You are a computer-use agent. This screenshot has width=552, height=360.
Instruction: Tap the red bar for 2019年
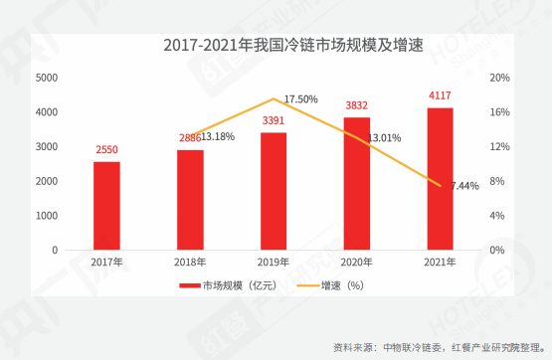274,191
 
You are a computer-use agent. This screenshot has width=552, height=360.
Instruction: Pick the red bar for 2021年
440,178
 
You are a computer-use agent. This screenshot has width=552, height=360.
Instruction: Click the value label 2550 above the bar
106,150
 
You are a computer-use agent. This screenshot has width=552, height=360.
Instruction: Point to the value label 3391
274,121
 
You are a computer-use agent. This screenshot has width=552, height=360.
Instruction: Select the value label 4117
440,96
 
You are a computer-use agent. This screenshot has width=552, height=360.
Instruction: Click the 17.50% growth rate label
300,99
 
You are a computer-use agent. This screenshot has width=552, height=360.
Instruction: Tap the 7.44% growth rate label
464,186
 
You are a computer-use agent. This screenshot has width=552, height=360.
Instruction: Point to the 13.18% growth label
218,136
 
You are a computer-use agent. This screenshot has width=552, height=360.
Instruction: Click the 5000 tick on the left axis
46,78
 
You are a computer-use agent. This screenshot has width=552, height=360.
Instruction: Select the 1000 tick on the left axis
46,215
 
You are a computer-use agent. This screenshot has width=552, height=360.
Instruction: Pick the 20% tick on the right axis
499,78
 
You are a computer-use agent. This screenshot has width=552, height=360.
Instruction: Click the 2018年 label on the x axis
190,263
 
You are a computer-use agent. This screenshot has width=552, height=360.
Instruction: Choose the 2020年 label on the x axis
357,263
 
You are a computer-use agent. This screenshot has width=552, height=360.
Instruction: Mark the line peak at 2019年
274,99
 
